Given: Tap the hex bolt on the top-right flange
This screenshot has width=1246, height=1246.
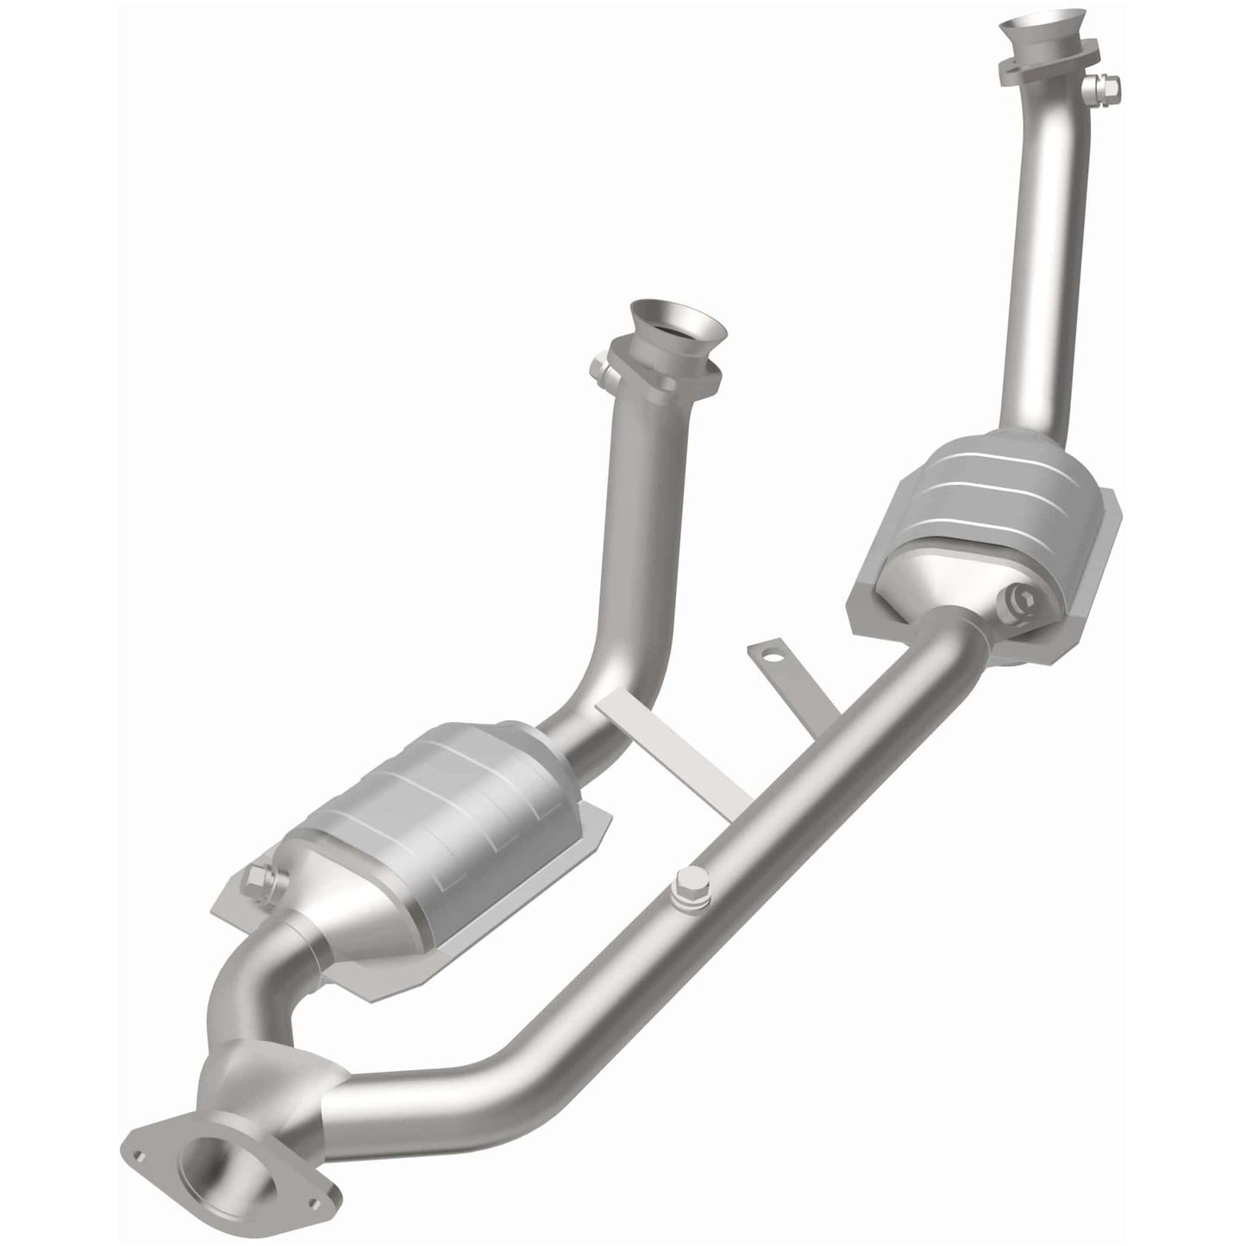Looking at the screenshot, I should tap(1105, 85).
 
